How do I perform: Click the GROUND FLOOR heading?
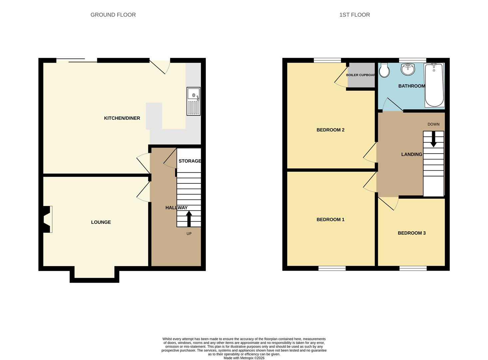(113, 15)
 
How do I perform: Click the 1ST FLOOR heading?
(354, 15)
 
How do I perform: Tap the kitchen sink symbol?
(194, 101)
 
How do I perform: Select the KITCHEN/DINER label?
(122, 118)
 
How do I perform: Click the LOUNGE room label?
(101, 222)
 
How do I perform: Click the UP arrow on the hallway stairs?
(189, 219)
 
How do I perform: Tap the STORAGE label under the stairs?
(190, 161)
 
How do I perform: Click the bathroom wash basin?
(408, 69)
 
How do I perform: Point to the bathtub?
(434, 85)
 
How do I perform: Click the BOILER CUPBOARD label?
(361, 75)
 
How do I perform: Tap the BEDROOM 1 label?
(330, 219)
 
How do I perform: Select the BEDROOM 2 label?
(330, 130)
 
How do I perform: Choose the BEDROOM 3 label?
(412, 233)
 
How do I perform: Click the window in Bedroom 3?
(413, 268)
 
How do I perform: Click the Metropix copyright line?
(244, 358)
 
